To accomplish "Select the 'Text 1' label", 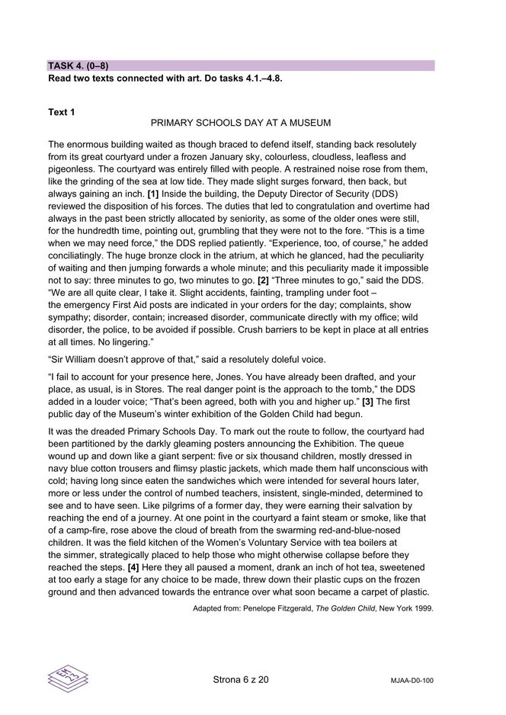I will tap(62, 113).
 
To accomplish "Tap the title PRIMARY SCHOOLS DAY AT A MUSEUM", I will tap(241, 123).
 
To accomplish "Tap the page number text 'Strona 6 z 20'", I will tap(241, 678).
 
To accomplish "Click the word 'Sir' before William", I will tap(58, 360).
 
